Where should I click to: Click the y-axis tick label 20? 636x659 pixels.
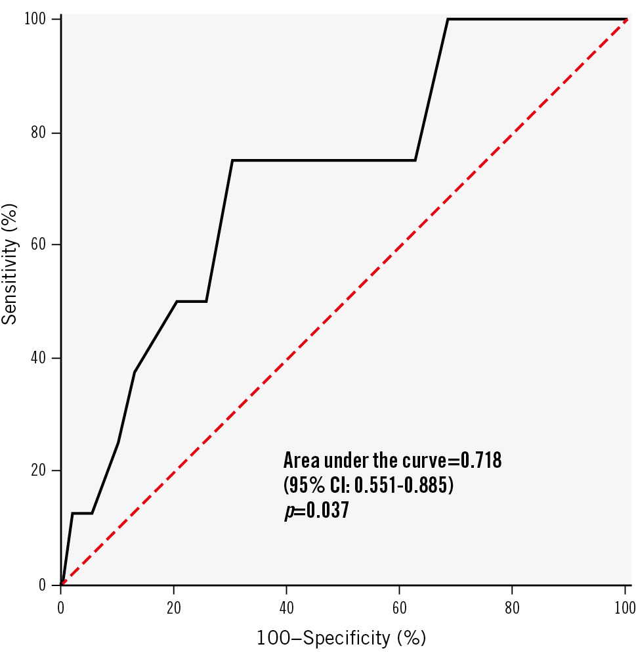point(42,471)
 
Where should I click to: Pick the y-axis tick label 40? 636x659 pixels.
point(42,358)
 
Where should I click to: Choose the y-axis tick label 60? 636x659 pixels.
point(42,245)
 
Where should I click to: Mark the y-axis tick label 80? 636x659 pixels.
point(42,133)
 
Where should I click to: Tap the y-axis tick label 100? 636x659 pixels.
point(39,20)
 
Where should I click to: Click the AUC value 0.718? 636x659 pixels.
point(481,461)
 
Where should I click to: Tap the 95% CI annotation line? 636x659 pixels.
point(368,486)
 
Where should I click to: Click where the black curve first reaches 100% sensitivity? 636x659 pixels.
point(448,20)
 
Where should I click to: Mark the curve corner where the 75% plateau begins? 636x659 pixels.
point(232,160)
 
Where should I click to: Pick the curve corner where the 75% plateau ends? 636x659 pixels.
point(415,160)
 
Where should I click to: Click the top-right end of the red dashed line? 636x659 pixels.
point(627,20)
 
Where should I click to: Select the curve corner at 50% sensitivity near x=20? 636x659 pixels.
point(177,302)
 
